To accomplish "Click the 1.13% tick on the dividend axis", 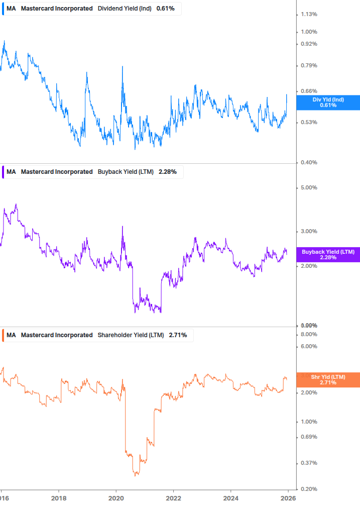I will [x=309, y=14].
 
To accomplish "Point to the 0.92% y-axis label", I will [x=309, y=44].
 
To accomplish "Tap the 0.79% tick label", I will [x=309, y=65].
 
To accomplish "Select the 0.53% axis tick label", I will [x=309, y=122].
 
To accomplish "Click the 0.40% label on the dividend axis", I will [x=309, y=162].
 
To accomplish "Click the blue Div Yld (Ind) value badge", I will [x=328, y=103].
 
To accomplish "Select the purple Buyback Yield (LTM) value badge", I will [x=328, y=255].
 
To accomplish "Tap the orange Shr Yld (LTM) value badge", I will [x=328, y=380].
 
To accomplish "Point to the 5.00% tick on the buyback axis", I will [x=309, y=187].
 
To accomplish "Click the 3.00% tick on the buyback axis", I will [x=309, y=231].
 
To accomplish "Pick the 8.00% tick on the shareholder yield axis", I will [x=309, y=334].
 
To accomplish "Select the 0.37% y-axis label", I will [x=309, y=463].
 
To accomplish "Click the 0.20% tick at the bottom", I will [x=309, y=488].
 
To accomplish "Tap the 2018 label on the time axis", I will [x=59, y=497].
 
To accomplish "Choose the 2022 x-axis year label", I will [x=173, y=497].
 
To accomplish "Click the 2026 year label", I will [x=288, y=497].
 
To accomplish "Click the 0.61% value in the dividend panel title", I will [x=165, y=9].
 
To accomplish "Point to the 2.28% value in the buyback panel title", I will [x=167, y=171].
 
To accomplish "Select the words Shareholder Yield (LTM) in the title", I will [x=131, y=335].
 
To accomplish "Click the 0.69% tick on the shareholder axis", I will [x=309, y=437].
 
